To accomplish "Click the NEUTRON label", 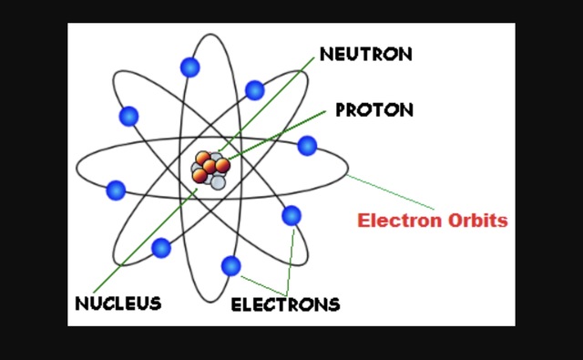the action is [365, 54].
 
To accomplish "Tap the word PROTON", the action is [374, 110].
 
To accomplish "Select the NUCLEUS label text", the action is [118, 303].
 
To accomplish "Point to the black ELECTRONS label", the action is [285, 303].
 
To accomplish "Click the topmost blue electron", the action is [189, 67].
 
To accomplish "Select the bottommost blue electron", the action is [230, 266].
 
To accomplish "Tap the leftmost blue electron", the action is [116, 190].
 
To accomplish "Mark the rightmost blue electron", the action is [307, 145].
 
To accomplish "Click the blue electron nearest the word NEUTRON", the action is [255, 90].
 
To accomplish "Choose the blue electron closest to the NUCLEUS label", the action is [161, 247].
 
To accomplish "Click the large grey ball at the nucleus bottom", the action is [218, 181].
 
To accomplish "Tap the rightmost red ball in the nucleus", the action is [222, 165].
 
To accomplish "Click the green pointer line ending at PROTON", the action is [282, 132].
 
